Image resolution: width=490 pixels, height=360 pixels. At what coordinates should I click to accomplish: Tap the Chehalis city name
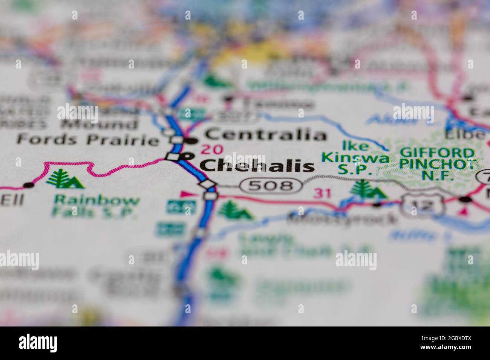[x=257, y=165]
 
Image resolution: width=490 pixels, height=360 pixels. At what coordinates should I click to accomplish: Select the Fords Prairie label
[x=88, y=140]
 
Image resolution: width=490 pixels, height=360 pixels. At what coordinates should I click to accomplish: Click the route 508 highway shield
[x=271, y=185]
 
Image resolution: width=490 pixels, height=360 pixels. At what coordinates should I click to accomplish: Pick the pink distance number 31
[x=323, y=194]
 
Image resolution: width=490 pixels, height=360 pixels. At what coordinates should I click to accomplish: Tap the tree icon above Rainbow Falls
[x=65, y=179]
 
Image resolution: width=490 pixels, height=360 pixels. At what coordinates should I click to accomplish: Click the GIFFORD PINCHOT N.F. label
[x=437, y=163]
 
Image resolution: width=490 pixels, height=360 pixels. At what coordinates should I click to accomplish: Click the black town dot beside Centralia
[x=193, y=141]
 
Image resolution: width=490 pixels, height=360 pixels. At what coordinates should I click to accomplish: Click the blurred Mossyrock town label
[x=341, y=218]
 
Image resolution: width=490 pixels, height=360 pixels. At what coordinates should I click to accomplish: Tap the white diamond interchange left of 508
[x=208, y=185]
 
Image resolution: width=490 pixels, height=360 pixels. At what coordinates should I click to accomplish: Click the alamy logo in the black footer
[x=38, y=343]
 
